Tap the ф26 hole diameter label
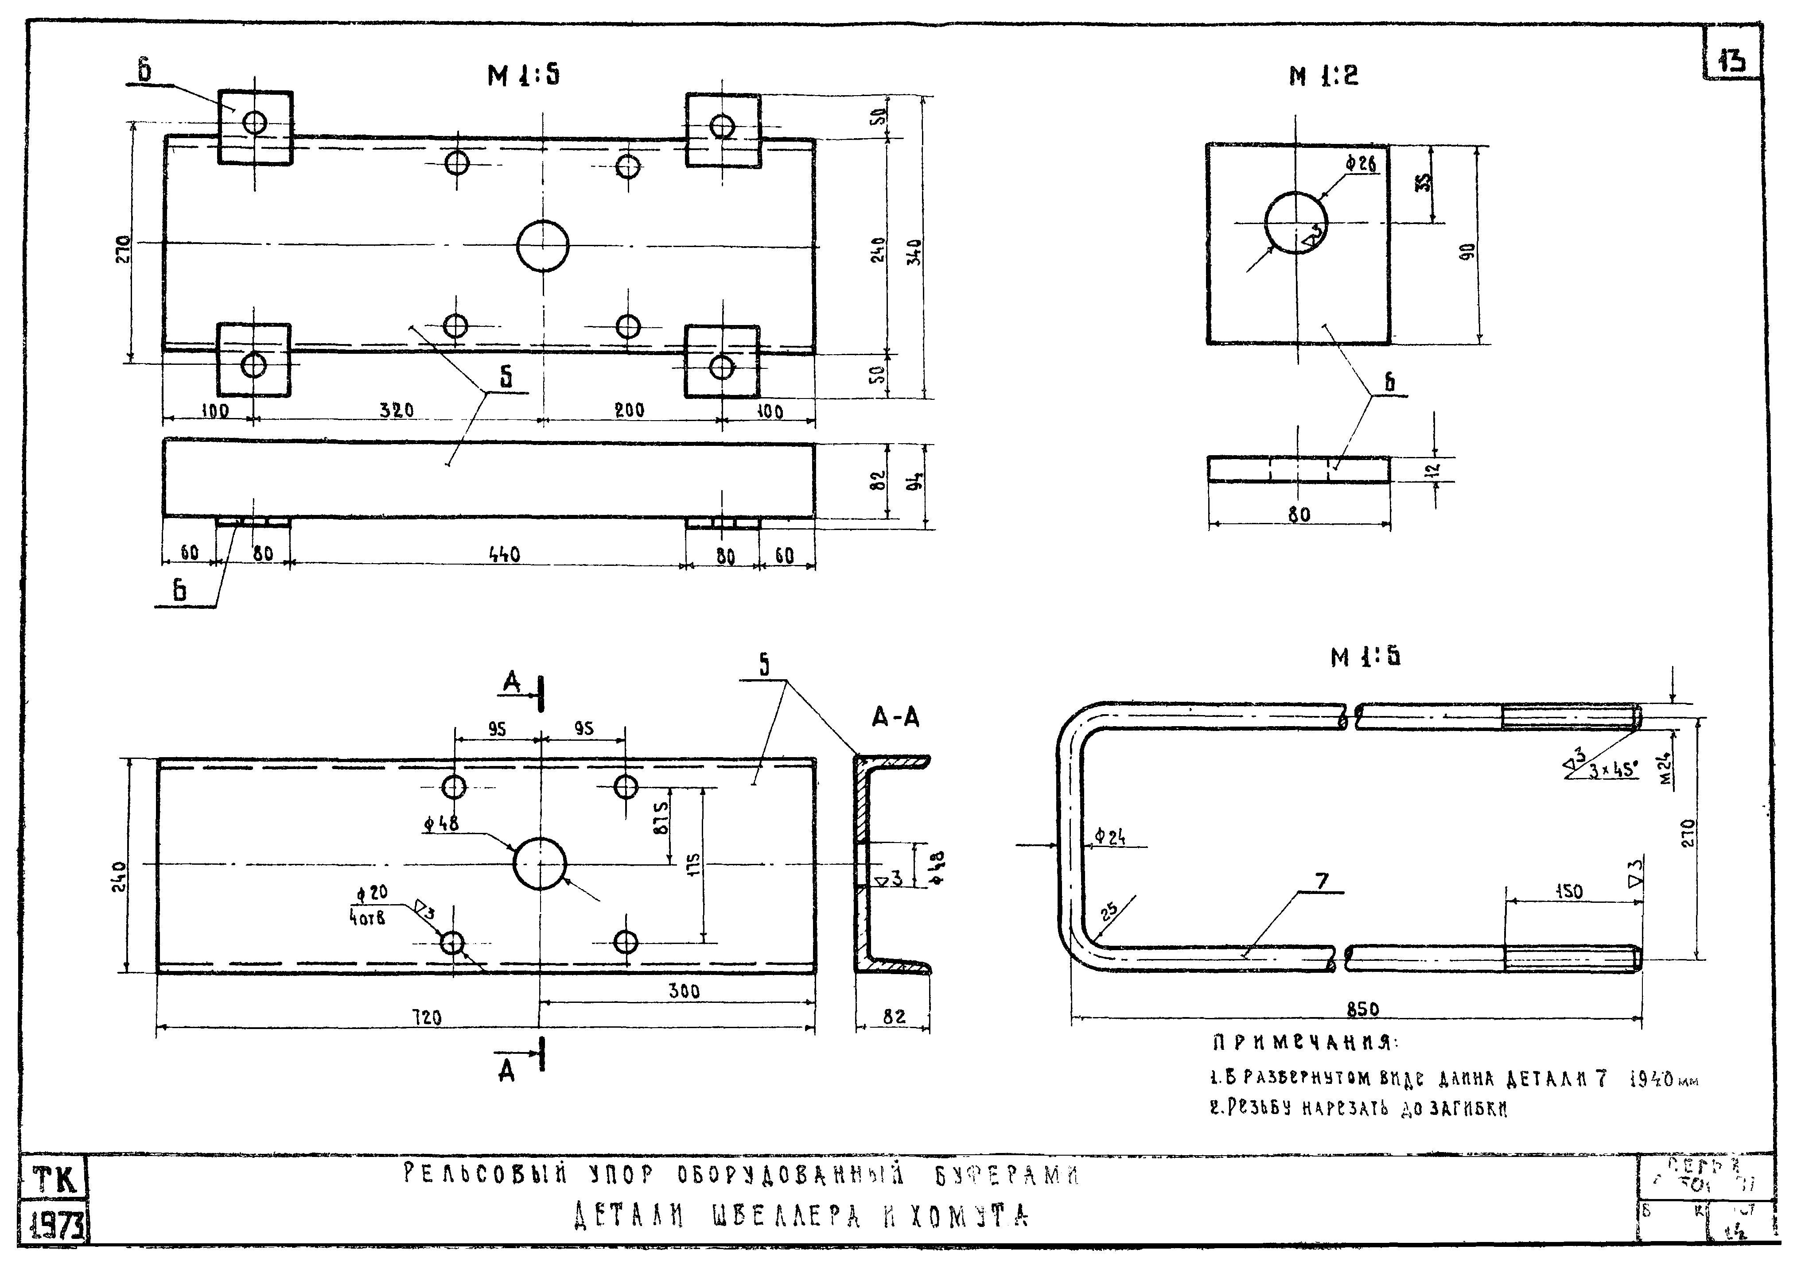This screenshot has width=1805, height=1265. pyautogui.click(x=1360, y=164)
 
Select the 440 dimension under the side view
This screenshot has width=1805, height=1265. pyautogui.click(x=504, y=555)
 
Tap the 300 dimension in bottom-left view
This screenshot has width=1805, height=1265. pyautogui.click(x=684, y=991)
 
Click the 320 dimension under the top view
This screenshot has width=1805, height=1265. pyautogui.click(x=397, y=410)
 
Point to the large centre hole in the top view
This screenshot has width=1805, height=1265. pyautogui.click(x=542, y=246)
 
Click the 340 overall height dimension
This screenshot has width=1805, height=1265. pyautogui.click(x=914, y=251)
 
